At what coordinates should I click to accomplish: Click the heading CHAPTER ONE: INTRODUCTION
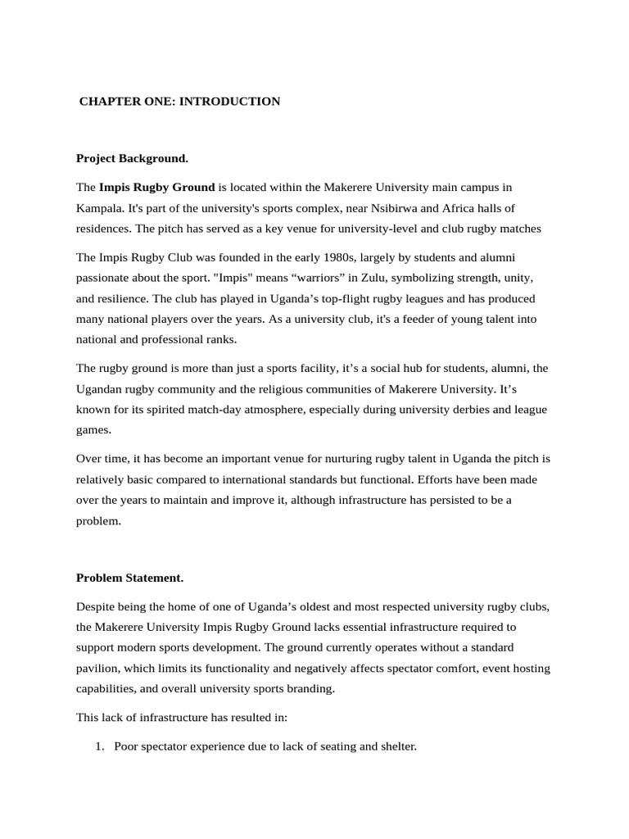click(x=179, y=102)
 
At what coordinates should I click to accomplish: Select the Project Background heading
click(x=132, y=157)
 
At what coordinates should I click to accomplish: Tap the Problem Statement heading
click(x=129, y=578)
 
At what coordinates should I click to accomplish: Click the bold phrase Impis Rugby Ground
click(x=157, y=188)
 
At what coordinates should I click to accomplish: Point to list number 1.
click(x=100, y=746)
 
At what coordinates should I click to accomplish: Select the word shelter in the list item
click(x=396, y=746)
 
